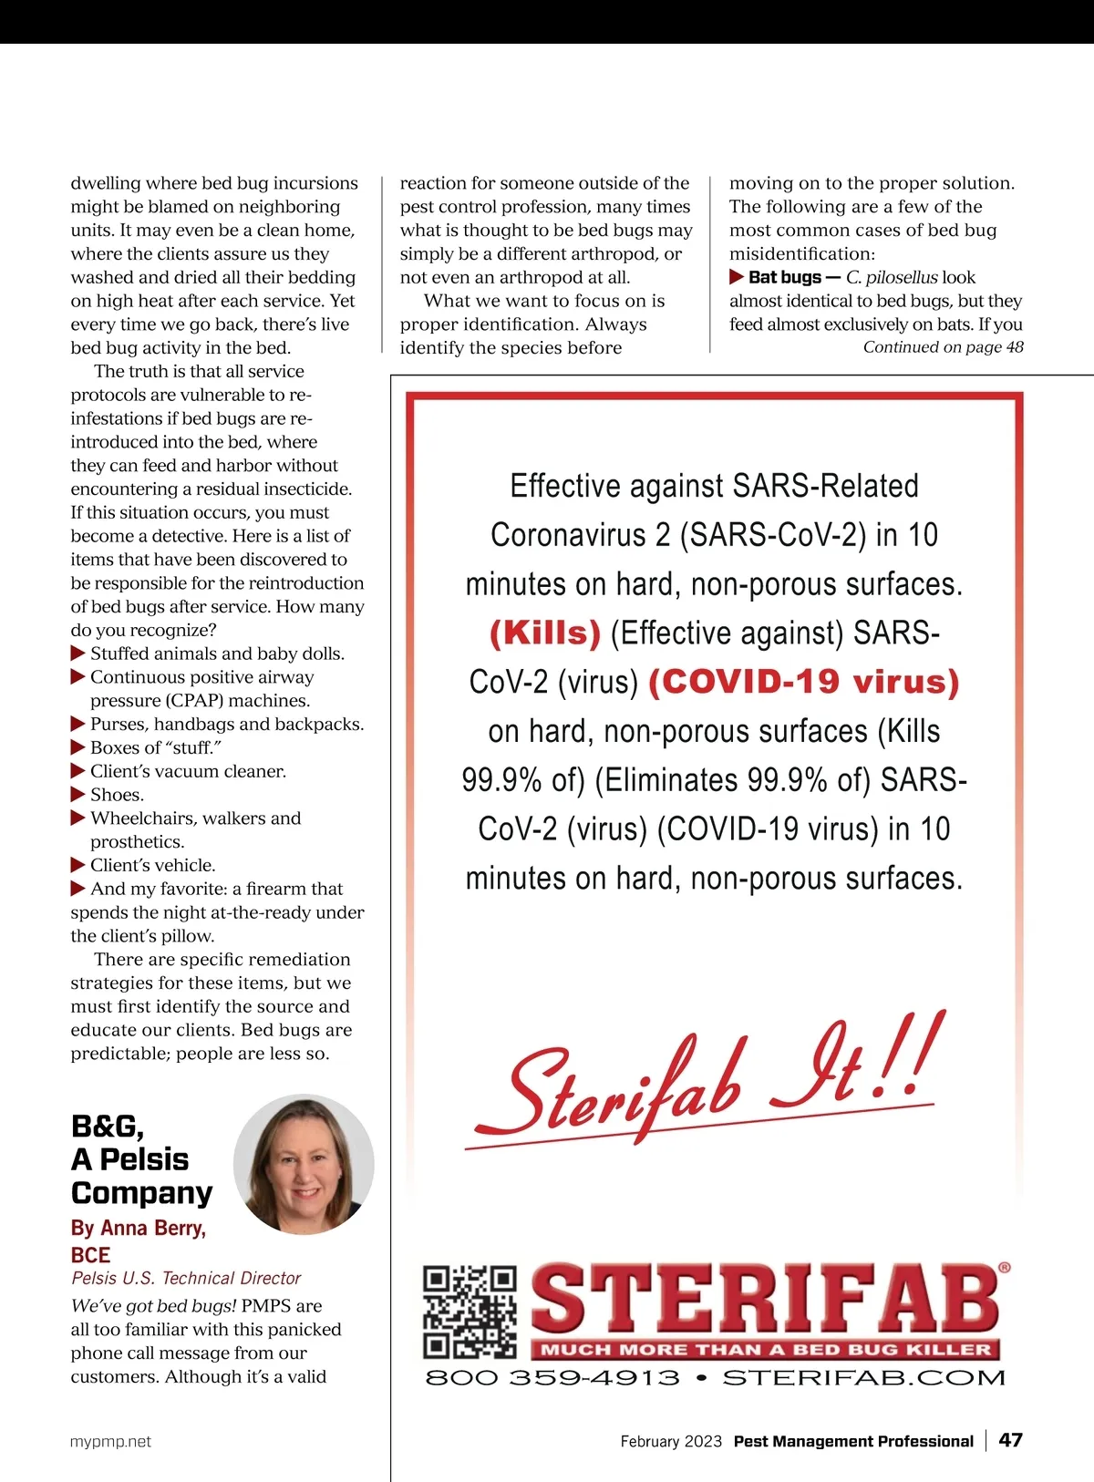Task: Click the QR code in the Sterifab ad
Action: click(x=470, y=1311)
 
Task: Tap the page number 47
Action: click(x=1010, y=1440)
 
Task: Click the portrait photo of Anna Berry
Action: click(x=304, y=1165)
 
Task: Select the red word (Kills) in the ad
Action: click(x=545, y=633)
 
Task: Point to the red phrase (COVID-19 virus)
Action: click(x=803, y=682)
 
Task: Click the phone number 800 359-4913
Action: click(x=552, y=1377)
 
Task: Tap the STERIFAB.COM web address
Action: click(x=863, y=1377)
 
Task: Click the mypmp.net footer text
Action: click(x=110, y=1442)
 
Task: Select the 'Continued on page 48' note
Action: click(x=943, y=347)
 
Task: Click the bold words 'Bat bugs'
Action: click(x=784, y=277)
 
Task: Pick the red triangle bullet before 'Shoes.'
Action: click(x=78, y=795)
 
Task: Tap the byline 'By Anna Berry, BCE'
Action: click(x=138, y=1240)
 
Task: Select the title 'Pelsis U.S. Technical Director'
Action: click(x=186, y=1278)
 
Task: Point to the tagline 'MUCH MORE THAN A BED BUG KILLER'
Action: click(x=766, y=1349)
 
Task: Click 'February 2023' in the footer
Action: click(x=671, y=1442)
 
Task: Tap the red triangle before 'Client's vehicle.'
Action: click(x=78, y=865)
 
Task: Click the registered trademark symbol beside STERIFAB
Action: click(x=1005, y=1268)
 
